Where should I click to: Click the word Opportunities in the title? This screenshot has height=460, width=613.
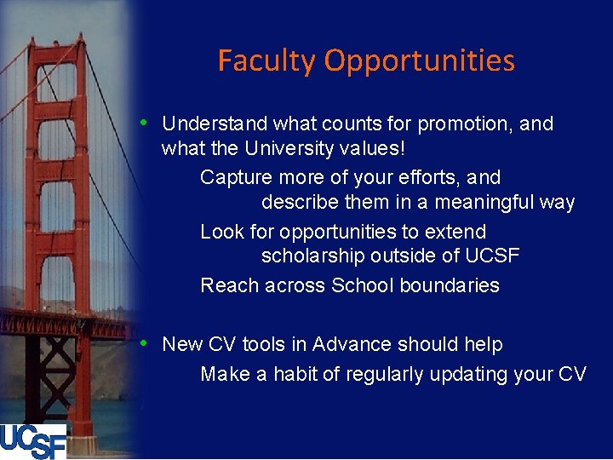(420, 61)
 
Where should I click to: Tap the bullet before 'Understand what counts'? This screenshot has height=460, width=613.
(146, 123)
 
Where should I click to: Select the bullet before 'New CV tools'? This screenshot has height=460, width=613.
(146, 343)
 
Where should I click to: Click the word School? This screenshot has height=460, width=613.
(362, 286)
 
